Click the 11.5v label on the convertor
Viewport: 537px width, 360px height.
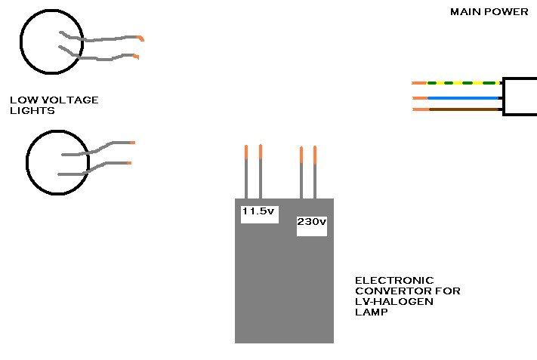[x=258, y=211]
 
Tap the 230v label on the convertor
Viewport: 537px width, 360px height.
[x=311, y=222]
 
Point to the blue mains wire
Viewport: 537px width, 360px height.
[x=464, y=97]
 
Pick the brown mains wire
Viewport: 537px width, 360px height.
[x=464, y=110]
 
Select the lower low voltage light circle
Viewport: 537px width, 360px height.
[x=57, y=163]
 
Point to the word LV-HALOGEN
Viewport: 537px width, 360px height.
[x=386, y=301]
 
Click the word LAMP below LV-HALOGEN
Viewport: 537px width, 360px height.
[x=369, y=312]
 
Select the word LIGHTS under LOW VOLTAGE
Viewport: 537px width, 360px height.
[x=32, y=111]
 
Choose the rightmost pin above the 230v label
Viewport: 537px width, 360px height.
[x=315, y=174]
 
